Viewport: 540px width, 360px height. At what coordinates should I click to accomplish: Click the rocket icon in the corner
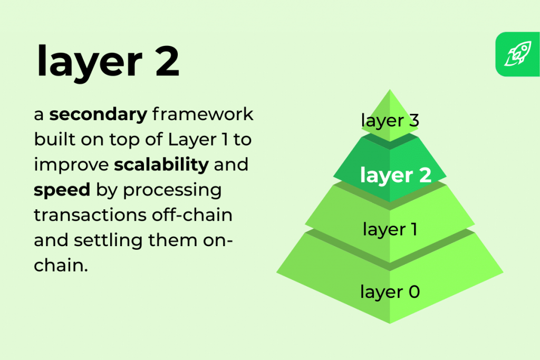coord(517,55)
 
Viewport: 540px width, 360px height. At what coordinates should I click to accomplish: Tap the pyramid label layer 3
coord(390,120)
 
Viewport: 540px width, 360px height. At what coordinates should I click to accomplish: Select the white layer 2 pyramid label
coord(395,175)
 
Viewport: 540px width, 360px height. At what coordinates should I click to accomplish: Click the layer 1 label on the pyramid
coord(390,229)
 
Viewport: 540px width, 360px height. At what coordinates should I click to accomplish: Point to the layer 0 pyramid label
coord(390,291)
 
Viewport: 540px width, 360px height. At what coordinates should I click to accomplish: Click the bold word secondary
coord(98,114)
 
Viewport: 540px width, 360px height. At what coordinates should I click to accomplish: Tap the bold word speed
coord(62,190)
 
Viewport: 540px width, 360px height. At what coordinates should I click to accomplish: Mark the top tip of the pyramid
coord(390,91)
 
